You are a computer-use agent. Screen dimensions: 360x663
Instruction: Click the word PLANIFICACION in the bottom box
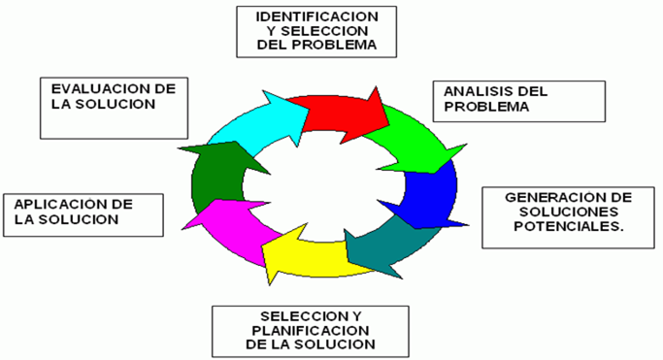(x=305, y=331)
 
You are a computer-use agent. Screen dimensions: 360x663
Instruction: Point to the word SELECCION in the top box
(x=312, y=31)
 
